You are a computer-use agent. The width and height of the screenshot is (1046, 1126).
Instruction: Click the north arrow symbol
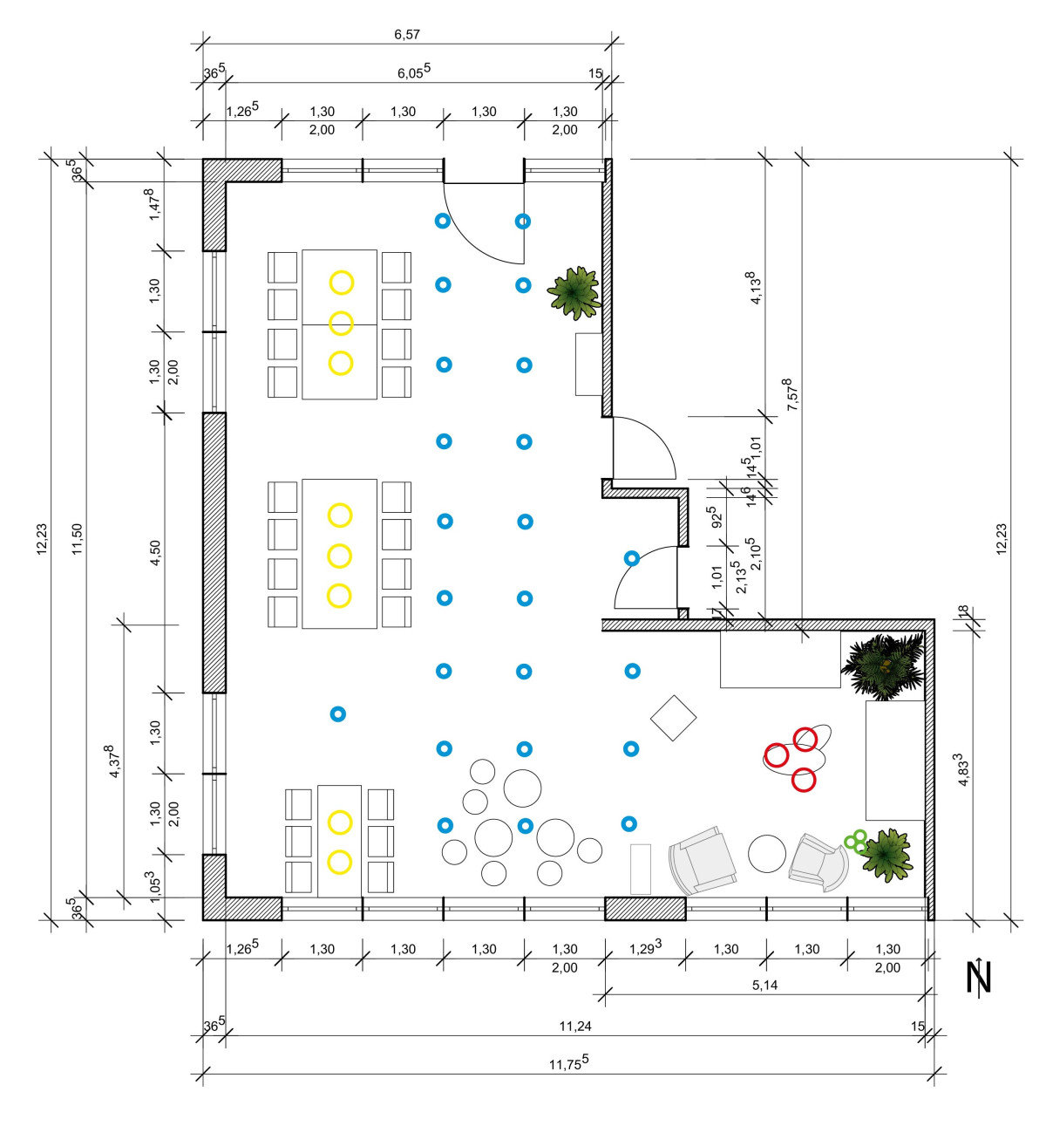(x=979, y=978)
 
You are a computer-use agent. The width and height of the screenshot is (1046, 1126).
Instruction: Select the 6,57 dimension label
(x=407, y=35)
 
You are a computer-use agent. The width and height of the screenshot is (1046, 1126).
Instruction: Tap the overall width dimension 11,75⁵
(x=568, y=1063)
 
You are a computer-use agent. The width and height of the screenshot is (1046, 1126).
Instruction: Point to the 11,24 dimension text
(x=575, y=1026)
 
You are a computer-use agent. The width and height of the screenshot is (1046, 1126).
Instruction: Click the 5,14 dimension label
(x=764, y=985)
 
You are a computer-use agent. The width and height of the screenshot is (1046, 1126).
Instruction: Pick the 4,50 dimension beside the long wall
(x=155, y=553)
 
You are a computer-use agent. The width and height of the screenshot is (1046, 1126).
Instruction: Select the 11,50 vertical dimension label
(x=78, y=538)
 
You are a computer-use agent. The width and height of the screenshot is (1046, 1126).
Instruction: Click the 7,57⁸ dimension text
(x=791, y=395)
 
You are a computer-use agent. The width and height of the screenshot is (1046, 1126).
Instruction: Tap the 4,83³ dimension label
(x=964, y=770)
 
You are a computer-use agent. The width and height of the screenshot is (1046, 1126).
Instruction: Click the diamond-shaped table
(x=673, y=718)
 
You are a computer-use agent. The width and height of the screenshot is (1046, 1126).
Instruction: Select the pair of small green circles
(x=855, y=841)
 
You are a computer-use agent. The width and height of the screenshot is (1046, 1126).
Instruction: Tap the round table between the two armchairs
(x=767, y=853)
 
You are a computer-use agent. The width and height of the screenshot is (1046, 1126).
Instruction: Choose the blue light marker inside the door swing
(x=632, y=558)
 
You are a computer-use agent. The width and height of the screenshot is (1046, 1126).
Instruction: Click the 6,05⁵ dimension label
(x=414, y=72)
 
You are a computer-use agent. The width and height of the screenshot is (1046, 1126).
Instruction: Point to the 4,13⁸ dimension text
(x=755, y=287)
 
